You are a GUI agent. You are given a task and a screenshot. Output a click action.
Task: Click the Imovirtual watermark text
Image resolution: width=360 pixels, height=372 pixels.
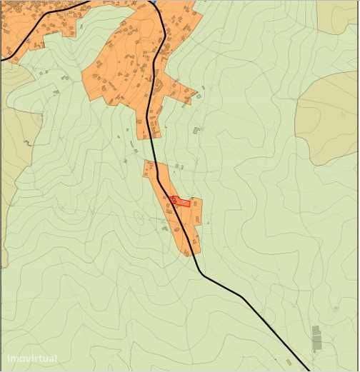coord(32,358)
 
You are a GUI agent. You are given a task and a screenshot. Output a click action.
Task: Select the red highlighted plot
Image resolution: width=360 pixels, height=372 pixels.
coord(181,202)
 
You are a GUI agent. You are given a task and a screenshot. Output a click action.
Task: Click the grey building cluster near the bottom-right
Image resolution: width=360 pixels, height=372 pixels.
coord(316,338)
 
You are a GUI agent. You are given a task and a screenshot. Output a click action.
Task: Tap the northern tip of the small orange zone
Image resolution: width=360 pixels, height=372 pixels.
coord(148,163)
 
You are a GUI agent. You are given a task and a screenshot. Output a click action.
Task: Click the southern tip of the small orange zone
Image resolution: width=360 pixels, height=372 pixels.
coord(189,253)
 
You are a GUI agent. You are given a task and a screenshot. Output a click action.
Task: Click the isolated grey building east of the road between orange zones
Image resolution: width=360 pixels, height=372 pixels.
coord(196,131)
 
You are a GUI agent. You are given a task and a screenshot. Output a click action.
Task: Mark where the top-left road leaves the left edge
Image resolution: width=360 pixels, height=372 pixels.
coord(2,60)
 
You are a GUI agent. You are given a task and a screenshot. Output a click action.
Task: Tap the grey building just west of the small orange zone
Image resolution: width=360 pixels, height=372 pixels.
coord(165,228)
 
